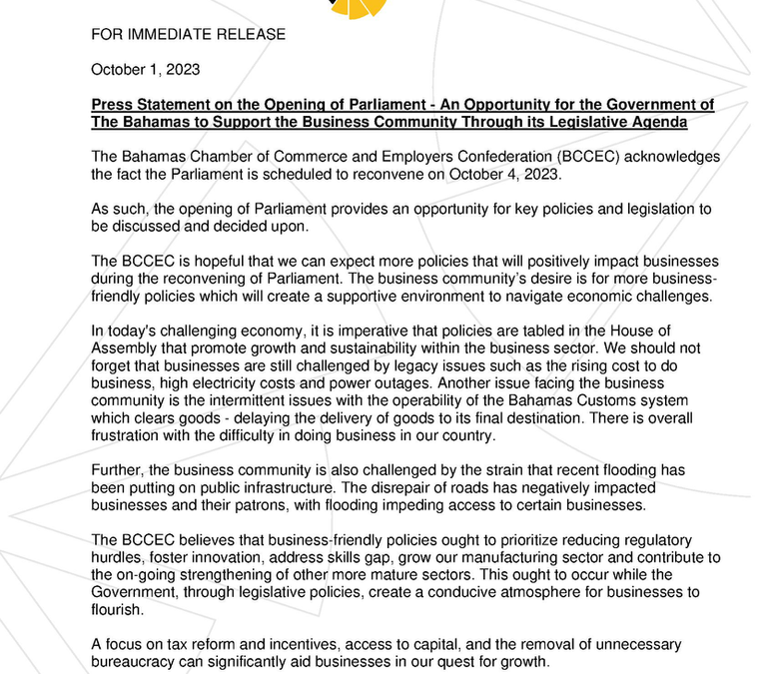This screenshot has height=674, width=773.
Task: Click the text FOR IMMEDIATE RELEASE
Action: [x=188, y=35]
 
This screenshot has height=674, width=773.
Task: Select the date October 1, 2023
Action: [x=145, y=70]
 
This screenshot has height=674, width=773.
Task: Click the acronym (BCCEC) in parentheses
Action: [x=541, y=157]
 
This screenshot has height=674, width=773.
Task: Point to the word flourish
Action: [x=121, y=609]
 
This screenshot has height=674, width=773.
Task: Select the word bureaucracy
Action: [x=136, y=661]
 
